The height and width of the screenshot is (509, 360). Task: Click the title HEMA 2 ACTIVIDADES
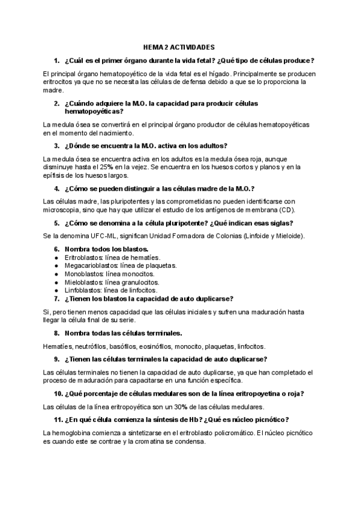179,46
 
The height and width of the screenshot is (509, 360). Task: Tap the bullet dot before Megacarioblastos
56,265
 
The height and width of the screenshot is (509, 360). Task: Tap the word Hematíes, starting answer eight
57,346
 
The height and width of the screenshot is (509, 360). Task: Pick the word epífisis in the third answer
55,176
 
